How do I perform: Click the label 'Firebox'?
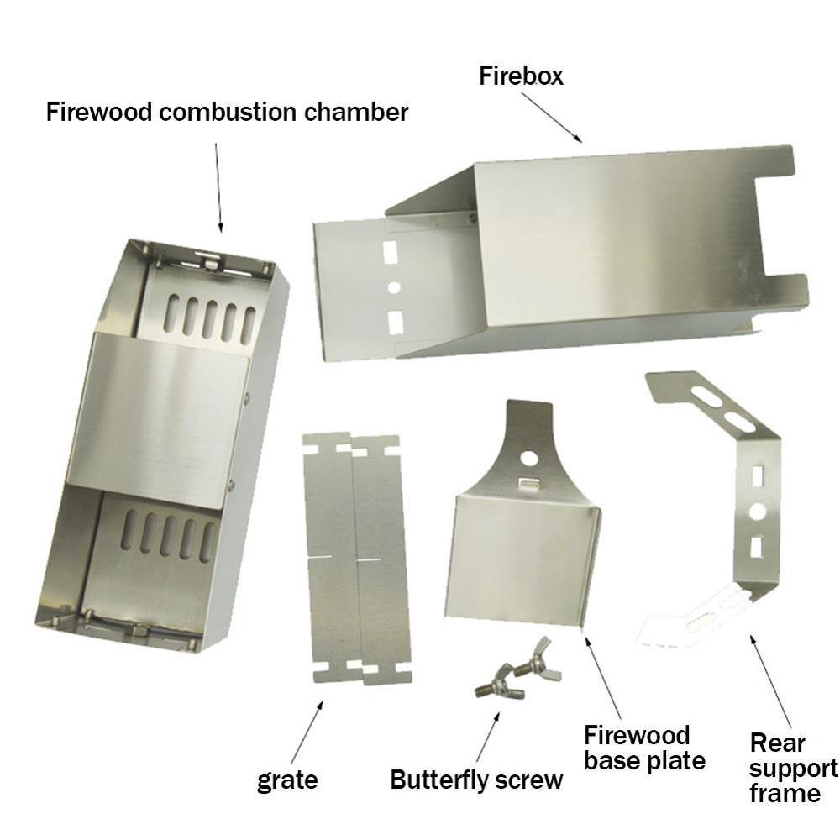pos(521,76)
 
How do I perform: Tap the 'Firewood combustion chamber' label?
pos(227,112)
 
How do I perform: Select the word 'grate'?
pos(287,780)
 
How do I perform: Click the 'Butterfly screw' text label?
pos(476,780)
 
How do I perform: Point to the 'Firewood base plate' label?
pos(644,748)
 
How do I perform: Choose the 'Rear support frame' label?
pos(793,768)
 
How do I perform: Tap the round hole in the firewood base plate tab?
pos(528,459)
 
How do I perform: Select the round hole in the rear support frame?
pos(757,511)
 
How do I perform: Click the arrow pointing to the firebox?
pos(551,117)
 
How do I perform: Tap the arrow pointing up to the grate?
pos(307,731)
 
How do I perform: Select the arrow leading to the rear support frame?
pos(770,680)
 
